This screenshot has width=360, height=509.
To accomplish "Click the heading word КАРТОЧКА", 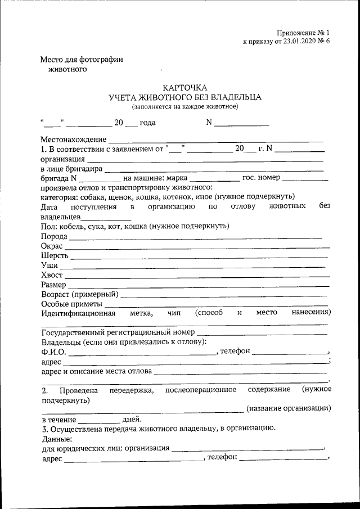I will [185, 87].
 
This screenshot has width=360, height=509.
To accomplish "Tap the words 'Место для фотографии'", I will [82, 60].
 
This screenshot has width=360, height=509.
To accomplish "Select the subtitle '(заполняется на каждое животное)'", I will [185, 106].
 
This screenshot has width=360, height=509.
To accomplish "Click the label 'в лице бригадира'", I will [71, 168].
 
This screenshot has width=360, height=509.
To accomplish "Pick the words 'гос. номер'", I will [260, 178].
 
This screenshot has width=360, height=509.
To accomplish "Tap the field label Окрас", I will [52, 246].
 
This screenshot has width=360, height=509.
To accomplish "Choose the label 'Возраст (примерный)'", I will [79, 294].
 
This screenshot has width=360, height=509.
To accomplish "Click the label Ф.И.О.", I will [53, 352].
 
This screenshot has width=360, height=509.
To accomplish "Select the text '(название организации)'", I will [289, 408].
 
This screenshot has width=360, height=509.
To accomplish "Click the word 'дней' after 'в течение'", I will [132, 419].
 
